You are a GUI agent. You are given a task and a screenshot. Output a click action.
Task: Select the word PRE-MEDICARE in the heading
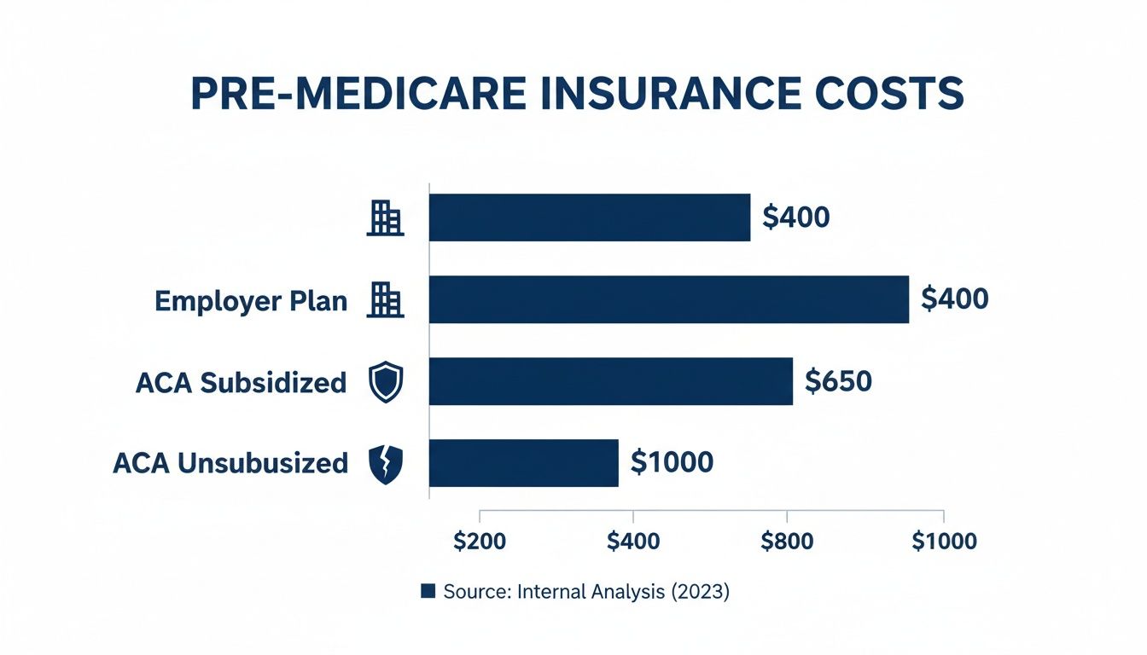click(343, 95)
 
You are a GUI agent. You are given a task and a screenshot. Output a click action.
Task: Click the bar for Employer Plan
click(668, 299)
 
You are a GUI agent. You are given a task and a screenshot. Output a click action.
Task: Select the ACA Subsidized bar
click(610, 381)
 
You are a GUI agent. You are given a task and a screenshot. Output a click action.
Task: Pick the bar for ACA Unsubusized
click(523, 463)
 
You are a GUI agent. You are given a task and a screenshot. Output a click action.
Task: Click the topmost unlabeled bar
click(589, 217)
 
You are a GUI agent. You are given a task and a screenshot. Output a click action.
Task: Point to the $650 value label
click(838, 381)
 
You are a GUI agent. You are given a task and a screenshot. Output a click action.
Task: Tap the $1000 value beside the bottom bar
click(671, 462)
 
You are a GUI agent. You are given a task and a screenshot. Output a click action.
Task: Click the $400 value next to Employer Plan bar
click(954, 299)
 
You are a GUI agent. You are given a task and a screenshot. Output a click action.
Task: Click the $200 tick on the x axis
click(480, 542)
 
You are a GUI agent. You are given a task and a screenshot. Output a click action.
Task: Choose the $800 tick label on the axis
click(786, 542)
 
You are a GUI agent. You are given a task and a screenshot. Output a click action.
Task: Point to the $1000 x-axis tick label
click(943, 542)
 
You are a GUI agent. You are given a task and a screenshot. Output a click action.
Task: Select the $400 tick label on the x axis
click(632, 542)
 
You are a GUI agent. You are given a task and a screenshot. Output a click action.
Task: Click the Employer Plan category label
click(251, 300)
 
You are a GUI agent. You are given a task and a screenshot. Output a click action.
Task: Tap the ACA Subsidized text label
click(241, 382)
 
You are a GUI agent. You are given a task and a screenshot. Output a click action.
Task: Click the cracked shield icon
click(384, 464)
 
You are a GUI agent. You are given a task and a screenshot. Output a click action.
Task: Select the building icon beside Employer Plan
click(384, 300)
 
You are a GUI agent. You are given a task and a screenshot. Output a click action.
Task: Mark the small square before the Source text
click(428, 591)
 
